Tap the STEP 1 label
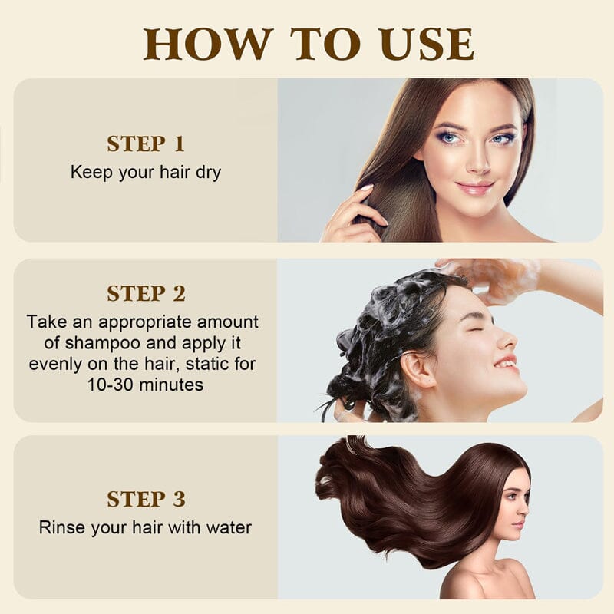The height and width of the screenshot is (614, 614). pyautogui.click(x=146, y=144)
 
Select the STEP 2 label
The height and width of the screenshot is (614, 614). pyautogui.click(x=146, y=293)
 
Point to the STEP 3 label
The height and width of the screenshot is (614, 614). pyautogui.click(x=146, y=499)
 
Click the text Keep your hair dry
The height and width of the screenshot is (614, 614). pyautogui.click(x=146, y=172)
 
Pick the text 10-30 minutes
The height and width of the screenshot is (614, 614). pyautogui.click(x=146, y=384)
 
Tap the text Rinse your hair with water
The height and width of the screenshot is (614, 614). pyautogui.click(x=146, y=527)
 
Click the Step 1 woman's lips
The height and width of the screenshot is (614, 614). pyautogui.click(x=474, y=187)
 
